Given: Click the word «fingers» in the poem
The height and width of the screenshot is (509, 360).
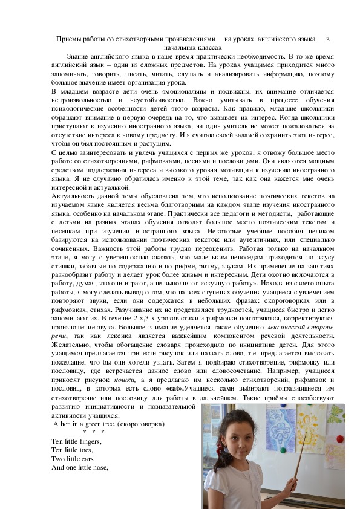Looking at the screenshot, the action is tap(90, 442).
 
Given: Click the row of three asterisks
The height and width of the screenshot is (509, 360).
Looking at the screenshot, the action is tap(94, 433).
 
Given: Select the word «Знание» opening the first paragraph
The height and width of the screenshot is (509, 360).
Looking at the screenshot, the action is tap(88, 56).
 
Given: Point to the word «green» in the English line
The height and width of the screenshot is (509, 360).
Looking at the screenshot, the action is tap(93, 424).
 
